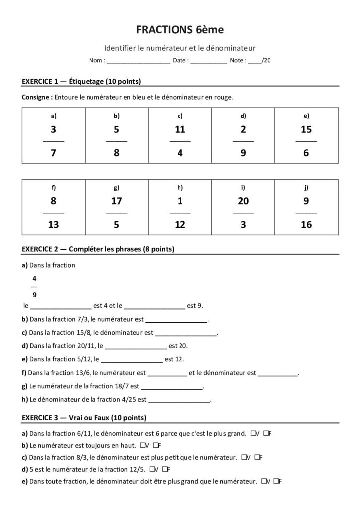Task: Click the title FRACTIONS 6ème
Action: pos(180,30)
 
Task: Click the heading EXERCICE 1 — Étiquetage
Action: pos(82,81)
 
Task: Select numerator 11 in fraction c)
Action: pos(180,129)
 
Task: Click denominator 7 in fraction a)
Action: pos(53,153)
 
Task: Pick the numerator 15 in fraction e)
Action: pos(306,129)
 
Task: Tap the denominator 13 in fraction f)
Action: pos(53,225)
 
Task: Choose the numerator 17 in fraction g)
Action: pos(117,201)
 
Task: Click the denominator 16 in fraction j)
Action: pos(306,225)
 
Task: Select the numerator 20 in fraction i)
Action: pos(243,201)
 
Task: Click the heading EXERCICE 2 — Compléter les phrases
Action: pos(98,248)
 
